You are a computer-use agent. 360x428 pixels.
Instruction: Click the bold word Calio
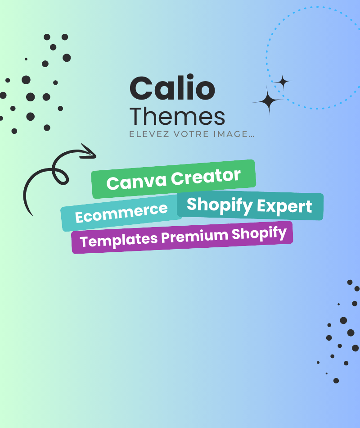coord(172,87)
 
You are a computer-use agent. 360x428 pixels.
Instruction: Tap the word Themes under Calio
coord(177,116)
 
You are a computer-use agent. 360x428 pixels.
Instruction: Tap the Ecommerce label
coord(121,213)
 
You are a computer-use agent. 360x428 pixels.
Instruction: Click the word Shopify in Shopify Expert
coord(220,205)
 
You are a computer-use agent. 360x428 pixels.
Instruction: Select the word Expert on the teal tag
coord(284,207)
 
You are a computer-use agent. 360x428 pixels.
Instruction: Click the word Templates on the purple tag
coord(119,240)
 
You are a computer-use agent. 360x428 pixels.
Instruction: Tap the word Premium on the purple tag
coord(194,237)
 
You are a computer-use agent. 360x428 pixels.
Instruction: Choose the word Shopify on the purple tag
coord(259,234)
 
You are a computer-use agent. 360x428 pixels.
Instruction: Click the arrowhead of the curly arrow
coord(90,152)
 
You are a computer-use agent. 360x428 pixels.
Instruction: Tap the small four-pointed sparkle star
coord(283,82)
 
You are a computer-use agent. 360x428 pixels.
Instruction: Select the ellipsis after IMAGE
coord(252,136)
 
